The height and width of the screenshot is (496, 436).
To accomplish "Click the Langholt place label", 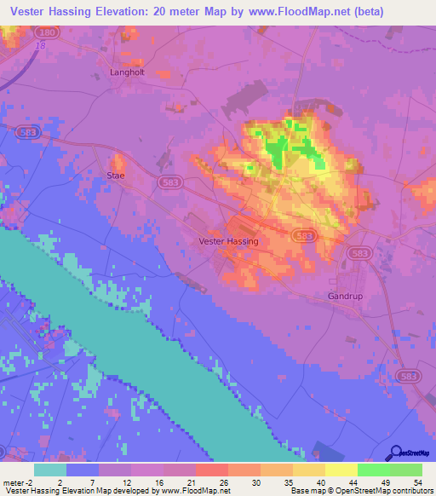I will click(x=128, y=72).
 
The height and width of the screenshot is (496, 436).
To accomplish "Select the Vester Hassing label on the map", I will click(x=227, y=241).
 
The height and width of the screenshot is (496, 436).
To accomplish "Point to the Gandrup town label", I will click(x=346, y=296).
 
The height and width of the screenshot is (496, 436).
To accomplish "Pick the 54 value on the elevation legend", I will click(x=416, y=482).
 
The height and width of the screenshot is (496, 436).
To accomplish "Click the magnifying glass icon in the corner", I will click(x=395, y=453).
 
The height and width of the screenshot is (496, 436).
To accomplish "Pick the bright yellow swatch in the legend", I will click(x=341, y=470).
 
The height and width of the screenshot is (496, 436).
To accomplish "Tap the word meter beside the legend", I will click(x=14, y=482).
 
